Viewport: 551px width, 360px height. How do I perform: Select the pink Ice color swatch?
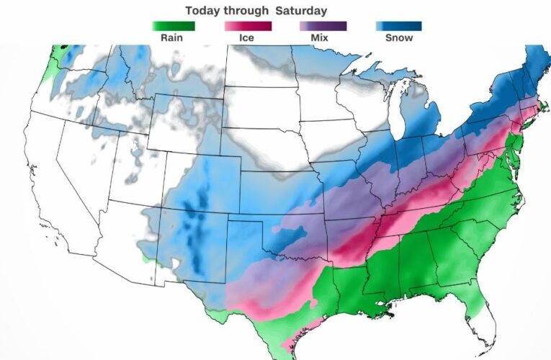pos(249,26)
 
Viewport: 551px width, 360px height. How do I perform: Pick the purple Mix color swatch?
pos(323,26)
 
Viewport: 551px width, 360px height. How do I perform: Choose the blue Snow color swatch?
pos(398,26)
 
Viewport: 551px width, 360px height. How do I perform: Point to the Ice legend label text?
pos(249,37)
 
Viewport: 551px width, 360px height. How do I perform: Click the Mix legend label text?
pos(323,37)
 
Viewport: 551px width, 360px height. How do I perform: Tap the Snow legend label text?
pos(398,37)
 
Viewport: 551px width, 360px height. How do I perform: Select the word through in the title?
pos(248,11)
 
